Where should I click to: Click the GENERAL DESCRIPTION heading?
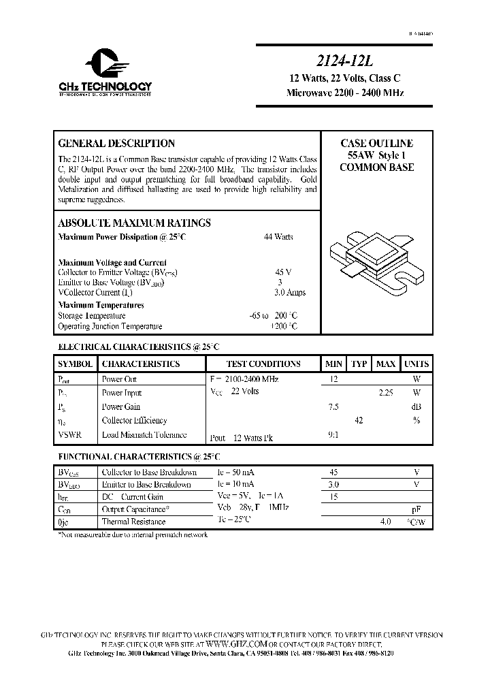tap(116, 144)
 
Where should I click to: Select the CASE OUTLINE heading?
tap(376, 144)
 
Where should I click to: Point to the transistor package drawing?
tap(374, 263)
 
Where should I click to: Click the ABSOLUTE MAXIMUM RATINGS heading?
tap(134, 223)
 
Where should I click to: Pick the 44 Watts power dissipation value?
tap(278, 237)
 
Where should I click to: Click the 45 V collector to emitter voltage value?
tap(283, 272)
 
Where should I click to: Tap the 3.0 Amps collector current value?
tap(290, 292)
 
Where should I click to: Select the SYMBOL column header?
tap(75, 364)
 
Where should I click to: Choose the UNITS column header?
tap(416, 364)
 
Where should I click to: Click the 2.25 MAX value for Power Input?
tap(386, 393)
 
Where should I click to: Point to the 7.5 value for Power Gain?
tap(333, 406)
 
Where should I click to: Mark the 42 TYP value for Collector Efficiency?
tap(359, 421)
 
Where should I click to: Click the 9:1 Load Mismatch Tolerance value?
tap(333, 434)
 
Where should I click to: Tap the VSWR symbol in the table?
tap(69, 434)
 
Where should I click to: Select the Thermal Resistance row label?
tap(133, 522)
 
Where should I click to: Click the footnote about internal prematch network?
tap(133, 535)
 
